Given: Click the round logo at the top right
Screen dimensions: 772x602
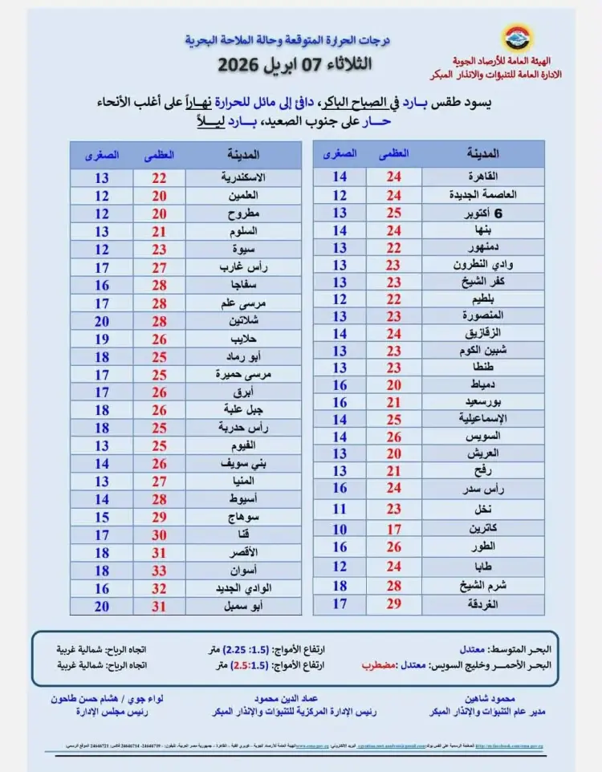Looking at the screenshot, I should tap(515, 38).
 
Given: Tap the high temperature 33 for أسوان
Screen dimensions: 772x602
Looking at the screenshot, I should tap(159, 571).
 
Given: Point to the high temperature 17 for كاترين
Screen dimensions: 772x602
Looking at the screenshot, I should tap(393, 530).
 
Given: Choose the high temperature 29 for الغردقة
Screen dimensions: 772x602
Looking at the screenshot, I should tap(393, 603).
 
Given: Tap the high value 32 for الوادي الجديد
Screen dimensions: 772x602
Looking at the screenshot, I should tap(159, 588).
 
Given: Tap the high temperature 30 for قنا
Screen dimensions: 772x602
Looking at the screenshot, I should tap(159, 535).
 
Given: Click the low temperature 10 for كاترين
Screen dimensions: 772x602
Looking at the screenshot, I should tap(340, 530).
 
